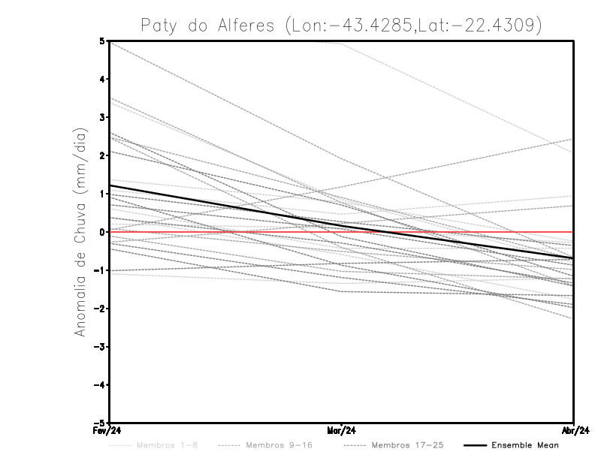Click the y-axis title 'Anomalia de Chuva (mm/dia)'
pyautogui.click(x=80, y=233)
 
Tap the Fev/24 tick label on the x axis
pyautogui.click(x=109, y=431)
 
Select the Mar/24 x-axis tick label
pyautogui.click(x=342, y=431)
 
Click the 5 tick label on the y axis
pyautogui.click(x=102, y=41)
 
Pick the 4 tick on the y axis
pyautogui.click(x=102, y=79)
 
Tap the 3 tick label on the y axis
pyautogui.click(x=102, y=117)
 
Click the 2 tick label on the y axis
pyautogui.click(x=102, y=155)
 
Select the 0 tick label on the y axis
pyautogui.click(x=102, y=232)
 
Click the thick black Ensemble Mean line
pyautogui.click(x=225, y=204)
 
